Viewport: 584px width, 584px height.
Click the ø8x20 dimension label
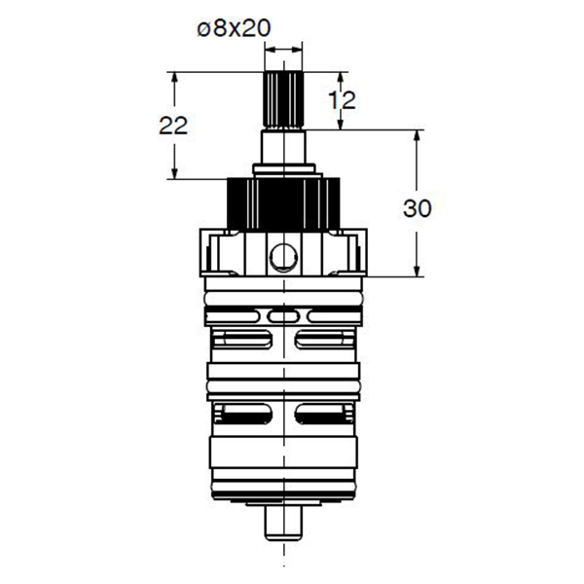coord(234,28)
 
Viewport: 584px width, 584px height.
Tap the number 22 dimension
coord(173,126)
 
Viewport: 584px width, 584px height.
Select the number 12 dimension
coord(342,100)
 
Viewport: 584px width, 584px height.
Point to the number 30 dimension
coord(418,208)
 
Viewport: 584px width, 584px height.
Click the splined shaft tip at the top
coord(283,99)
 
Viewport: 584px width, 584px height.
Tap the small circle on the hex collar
coord(284,257)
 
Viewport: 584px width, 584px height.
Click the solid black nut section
coord(283,204)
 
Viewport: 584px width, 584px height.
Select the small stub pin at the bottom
coord(283,523)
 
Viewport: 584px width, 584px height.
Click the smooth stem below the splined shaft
coord(283,147)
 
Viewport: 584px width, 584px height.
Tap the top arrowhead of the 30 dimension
coord(417,137)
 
